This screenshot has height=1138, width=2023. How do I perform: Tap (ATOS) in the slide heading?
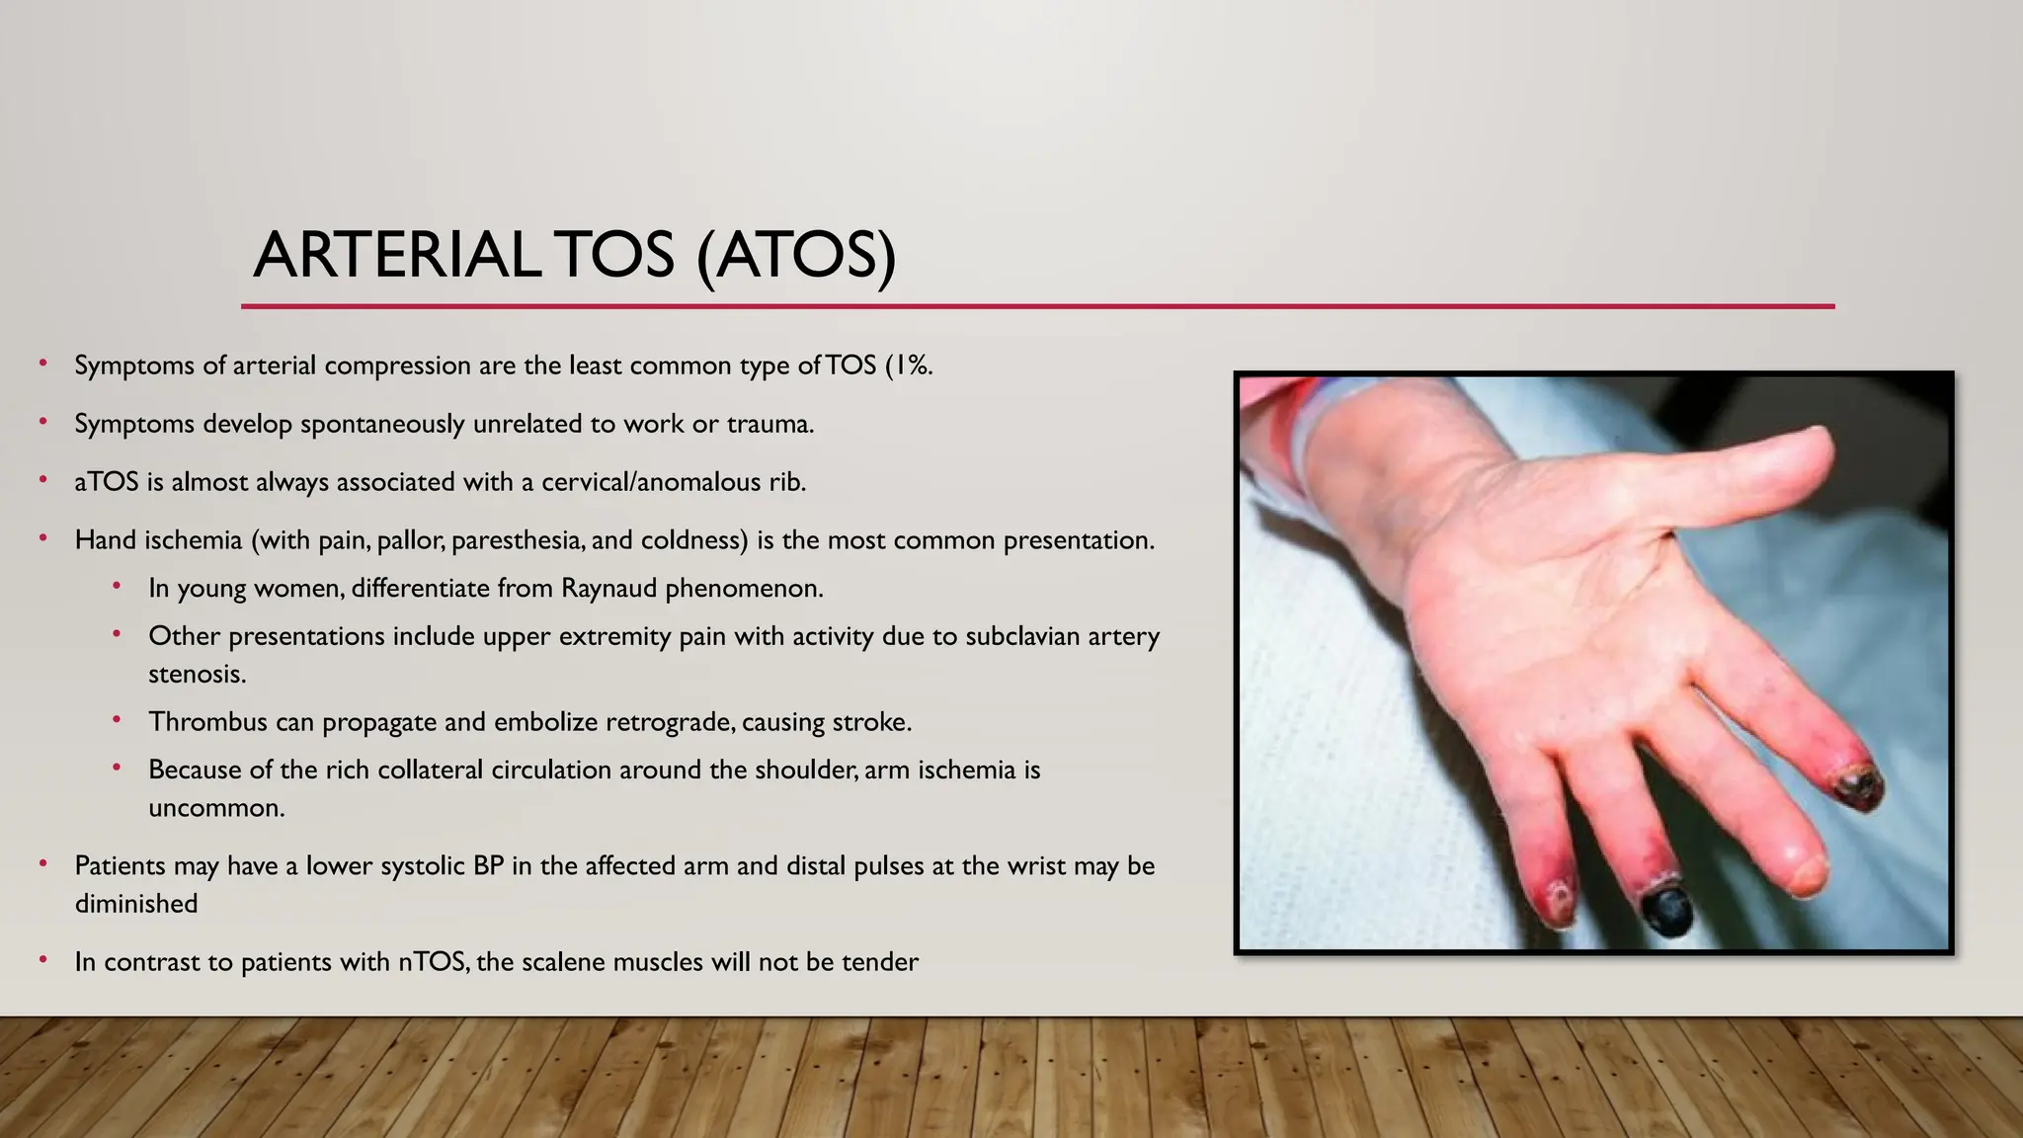tap(796, 255)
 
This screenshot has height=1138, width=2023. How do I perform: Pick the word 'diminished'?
tap(136, 904)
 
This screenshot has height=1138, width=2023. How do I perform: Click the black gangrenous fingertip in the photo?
tap(1669, 910)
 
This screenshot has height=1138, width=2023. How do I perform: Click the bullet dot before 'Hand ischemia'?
tap(43, 538)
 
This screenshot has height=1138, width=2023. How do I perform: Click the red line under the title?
tap(1037, 306)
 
